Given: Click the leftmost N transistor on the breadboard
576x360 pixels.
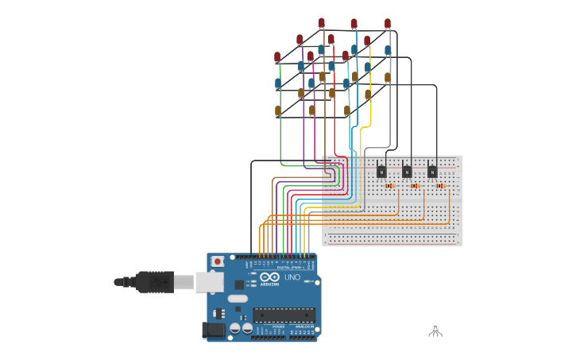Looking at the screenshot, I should point(381,170).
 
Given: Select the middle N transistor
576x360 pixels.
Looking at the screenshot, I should point(407,170).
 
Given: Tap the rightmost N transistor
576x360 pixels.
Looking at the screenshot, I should point(432,170).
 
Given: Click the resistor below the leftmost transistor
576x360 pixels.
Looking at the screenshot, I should point(389,186).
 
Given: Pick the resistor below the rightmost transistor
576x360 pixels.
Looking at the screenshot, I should point(440,186).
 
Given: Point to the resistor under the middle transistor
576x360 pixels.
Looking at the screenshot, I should point(415,186).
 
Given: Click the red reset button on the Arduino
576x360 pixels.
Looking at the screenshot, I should point(217,261).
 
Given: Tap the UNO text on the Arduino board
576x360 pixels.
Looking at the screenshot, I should point(292,277).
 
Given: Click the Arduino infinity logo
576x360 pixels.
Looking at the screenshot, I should point(269,277).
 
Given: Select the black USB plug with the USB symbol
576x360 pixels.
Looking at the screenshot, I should point(155,281).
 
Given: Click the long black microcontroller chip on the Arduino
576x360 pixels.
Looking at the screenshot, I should point(284,315).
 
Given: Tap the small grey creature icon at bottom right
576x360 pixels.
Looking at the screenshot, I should point(435,328).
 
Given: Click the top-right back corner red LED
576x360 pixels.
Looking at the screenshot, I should point(388,24).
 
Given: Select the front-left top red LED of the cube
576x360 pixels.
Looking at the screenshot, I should point(277,57).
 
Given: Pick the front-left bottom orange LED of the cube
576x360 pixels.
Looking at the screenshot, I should point(278,111).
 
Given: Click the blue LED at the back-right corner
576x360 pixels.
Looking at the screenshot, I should point(388,50).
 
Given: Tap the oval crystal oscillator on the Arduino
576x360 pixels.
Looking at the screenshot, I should point(238,299).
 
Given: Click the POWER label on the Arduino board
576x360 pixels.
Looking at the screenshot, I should point(278,327).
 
